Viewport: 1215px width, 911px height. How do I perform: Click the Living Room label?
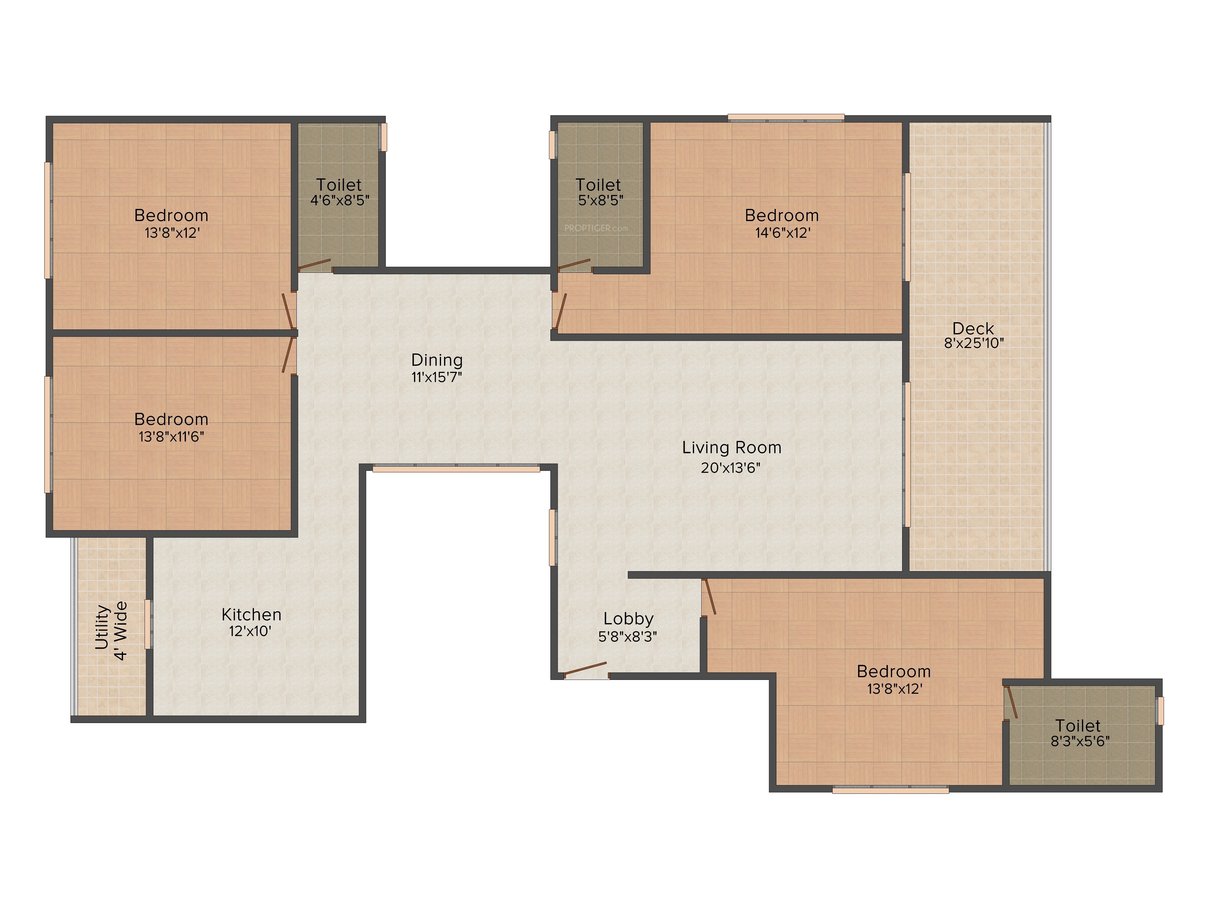(x=732, y=448)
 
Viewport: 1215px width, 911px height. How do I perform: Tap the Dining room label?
(x=437, y=360)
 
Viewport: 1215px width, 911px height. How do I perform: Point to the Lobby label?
(x=628, y=619)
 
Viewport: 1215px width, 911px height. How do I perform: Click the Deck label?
(x=973, y=328)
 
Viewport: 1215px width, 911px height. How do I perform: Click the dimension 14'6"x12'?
(x=783, y=233)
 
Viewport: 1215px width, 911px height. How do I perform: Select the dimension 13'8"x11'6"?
(x=171, y=437)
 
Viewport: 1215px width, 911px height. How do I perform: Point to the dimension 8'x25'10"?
(x=974, y=343)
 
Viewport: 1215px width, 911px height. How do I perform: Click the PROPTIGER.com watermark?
(x=596, y=228)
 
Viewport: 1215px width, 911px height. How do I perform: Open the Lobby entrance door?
(x=586, y=669)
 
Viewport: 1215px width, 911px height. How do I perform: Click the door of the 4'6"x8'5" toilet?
(x=315, y=265)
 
